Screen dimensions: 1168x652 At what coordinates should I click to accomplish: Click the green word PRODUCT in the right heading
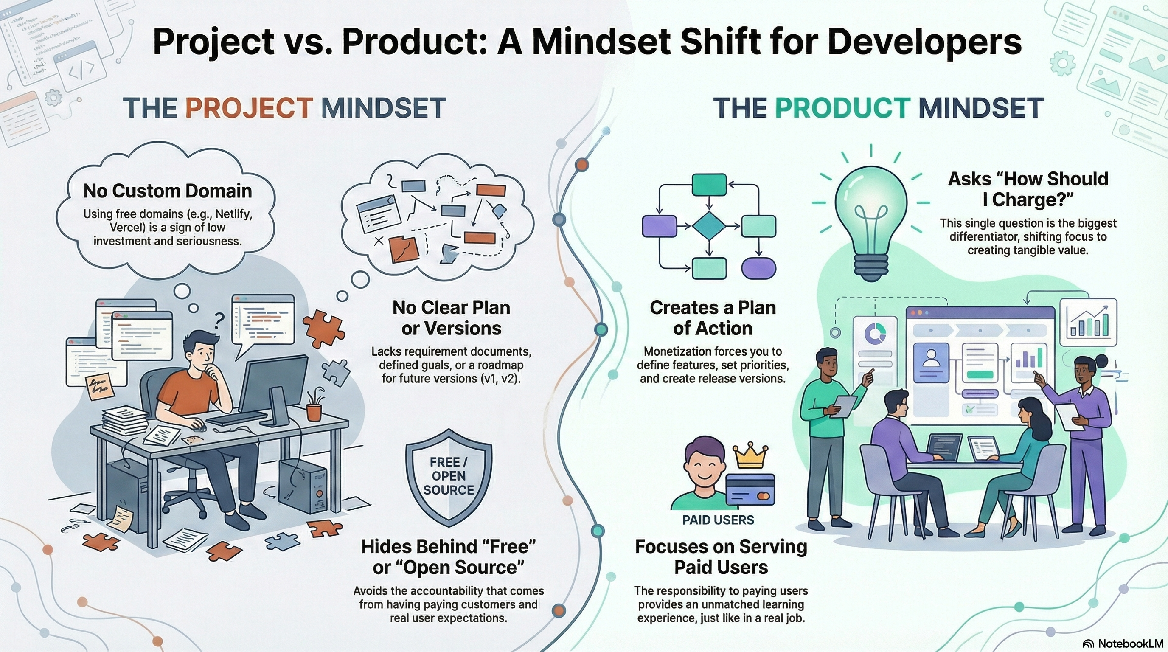[x=842, y=108]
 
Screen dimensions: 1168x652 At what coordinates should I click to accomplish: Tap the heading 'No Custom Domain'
[x=168, y=191]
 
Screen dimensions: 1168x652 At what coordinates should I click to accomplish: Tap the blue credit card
[x=750, y=490]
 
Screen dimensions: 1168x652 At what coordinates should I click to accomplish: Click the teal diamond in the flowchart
[x=710, y=225]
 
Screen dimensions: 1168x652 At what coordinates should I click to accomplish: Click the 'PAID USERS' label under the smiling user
[x=718, y=520]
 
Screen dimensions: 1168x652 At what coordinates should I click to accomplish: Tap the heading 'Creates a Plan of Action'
[x=713, y=318]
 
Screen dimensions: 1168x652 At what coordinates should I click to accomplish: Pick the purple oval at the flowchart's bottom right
[x=758, y=267]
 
